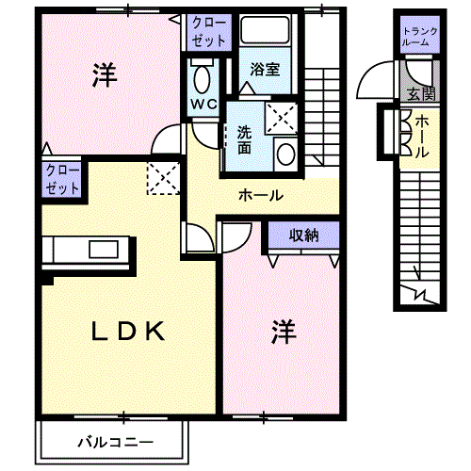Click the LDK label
[128, 331]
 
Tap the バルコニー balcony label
[116, 443]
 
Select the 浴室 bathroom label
[265, 69]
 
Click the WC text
[204, 104]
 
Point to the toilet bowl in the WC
[202, 79]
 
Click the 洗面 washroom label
[244, 140]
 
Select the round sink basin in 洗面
[286, 154]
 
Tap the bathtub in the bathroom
[265, 29]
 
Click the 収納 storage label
[303, 235]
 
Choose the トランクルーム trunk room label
[420, 37]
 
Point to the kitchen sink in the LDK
[104, 250]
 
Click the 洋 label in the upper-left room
[105, 75]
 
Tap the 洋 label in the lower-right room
[284, 332]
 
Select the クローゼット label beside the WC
[209, 32]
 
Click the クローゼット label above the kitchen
[62, 180]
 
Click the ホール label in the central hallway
[261, 195]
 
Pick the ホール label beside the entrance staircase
[422, 137]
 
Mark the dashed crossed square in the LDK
[163, 178]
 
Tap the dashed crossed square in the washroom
[281, 119]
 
